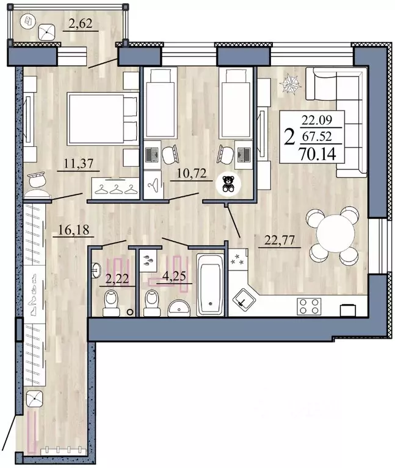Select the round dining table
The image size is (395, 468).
point(333,235)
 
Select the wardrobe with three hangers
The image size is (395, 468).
point(116,188)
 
